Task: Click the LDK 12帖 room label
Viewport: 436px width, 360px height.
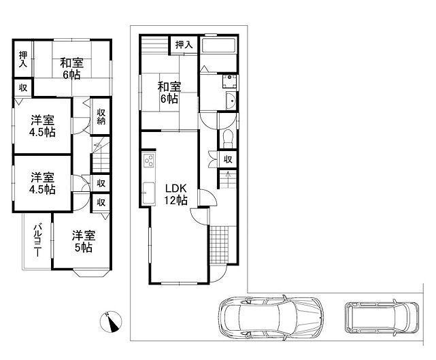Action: point(175,194)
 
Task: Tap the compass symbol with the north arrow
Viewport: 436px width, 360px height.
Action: point(111,321)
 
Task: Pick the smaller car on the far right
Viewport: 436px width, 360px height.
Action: point(382,317)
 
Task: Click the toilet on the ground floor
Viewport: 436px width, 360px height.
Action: point(228,139)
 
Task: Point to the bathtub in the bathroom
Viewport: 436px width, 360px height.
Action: point(219,46)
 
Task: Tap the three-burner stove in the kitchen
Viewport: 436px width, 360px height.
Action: point(148,160)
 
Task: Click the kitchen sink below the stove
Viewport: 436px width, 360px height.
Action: point(148,193)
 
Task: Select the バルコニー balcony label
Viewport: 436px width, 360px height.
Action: point(37,240)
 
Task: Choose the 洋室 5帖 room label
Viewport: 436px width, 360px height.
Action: point(84,242)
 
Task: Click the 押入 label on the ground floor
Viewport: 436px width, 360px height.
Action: point(184,44)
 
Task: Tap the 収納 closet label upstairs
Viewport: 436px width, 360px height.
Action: point(101,116)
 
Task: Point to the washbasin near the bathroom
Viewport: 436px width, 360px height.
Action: point(231,101)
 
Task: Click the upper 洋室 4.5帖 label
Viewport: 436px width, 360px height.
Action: point(42,126)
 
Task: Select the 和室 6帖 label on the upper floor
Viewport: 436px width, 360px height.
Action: point(71,69)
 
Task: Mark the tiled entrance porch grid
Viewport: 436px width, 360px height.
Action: point(219,245)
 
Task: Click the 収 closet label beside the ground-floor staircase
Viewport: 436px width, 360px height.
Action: point(228,159)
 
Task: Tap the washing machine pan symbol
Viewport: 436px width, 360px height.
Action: point(229,81)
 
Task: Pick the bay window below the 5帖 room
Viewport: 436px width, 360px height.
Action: point(91,273)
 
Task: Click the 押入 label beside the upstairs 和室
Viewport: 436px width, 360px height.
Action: point(23,59)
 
